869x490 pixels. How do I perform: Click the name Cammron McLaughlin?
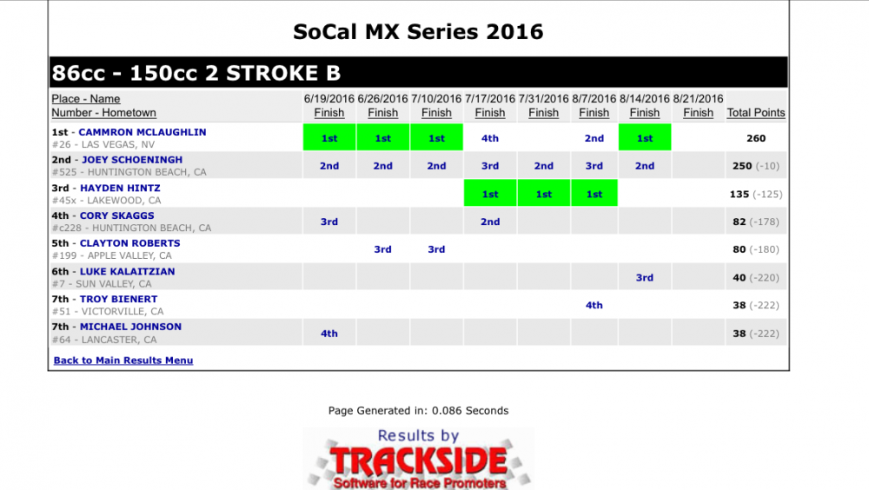pos(143,132)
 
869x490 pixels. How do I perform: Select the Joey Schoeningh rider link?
pos(132,160)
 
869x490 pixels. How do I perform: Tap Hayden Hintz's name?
pos(120,188)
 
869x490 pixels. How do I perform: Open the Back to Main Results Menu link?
pos(123,361)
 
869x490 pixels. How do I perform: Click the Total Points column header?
pos(756,113)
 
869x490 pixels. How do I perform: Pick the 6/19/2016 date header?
pos(329,99)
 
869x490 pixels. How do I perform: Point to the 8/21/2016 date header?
pos(699,99)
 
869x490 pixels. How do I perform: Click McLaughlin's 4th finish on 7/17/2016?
pos(490,138)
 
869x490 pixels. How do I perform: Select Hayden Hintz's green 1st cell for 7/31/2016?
pos(544,194)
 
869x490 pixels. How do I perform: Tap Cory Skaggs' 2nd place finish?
pos(490,222)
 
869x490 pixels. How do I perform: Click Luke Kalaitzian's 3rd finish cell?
pos(645,277)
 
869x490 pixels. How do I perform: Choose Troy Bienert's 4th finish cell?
pos(594,305)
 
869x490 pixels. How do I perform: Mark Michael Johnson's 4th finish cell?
pos(329,333)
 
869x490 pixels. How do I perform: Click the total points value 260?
pos(756,138)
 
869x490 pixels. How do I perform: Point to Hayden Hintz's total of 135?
pos(740,194)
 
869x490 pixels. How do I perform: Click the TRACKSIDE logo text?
pos(419,461)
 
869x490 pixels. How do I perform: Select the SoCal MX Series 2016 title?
pos(419,31)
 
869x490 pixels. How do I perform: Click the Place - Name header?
pos(86,99)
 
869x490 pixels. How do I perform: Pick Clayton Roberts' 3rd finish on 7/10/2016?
pos(436,248)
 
